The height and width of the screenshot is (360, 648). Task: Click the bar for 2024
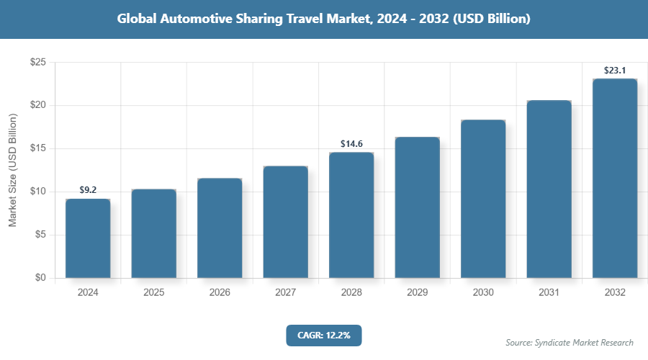pos(88,238)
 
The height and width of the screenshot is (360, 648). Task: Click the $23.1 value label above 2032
pos(614,71)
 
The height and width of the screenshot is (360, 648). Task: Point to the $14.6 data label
pos(351,144)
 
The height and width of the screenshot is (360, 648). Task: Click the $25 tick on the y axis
pos(38,63)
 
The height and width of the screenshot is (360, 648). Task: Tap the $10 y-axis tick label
pos(38,192)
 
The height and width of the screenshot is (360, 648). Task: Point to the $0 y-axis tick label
pos(41,278)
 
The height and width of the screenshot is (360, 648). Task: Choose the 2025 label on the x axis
pos(153,293)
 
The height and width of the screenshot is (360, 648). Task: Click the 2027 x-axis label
pos(285,293)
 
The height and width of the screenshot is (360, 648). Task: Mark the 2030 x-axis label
pos(483,293)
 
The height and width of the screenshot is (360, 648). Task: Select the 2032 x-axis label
pos(615,293)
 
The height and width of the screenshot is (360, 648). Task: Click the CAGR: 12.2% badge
pos(323,335)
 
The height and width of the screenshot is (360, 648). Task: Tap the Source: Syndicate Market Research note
pos(570,343)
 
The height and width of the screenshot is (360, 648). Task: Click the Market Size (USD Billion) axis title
pos(12,170)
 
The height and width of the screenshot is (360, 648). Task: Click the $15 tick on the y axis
pos(38,149)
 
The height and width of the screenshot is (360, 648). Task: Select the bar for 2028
pos(351,215)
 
